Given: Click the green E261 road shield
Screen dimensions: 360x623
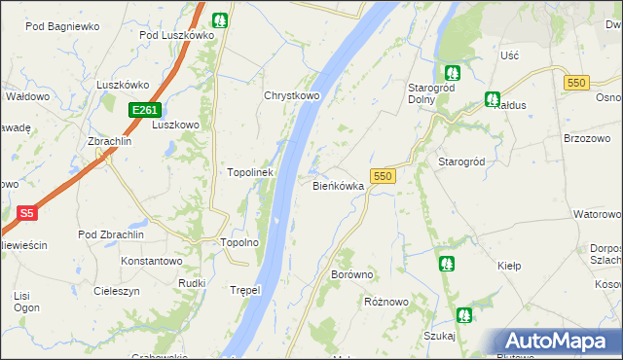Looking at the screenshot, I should [142, 110].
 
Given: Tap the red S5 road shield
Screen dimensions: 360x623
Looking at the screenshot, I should [27, 212].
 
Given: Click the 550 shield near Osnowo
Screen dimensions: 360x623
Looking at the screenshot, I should [574, 83].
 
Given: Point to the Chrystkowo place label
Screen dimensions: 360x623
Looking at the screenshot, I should [292, 96].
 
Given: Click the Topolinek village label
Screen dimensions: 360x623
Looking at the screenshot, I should [251, 172].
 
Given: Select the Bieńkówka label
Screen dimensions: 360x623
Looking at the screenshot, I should [338, 185].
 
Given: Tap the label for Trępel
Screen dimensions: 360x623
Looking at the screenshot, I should [247, 290].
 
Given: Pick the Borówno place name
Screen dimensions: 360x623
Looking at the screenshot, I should [352, 275].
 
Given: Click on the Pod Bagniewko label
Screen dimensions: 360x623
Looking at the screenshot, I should [62, 27].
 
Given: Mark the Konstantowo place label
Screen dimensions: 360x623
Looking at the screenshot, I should [151, 261].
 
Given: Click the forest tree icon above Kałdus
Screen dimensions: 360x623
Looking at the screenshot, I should [492, 99].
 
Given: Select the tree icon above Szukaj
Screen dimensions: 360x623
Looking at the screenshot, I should [464, 314].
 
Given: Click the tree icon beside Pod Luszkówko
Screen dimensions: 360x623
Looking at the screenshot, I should [221, 18].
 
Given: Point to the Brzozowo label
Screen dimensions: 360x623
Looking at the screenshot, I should [586, 138].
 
